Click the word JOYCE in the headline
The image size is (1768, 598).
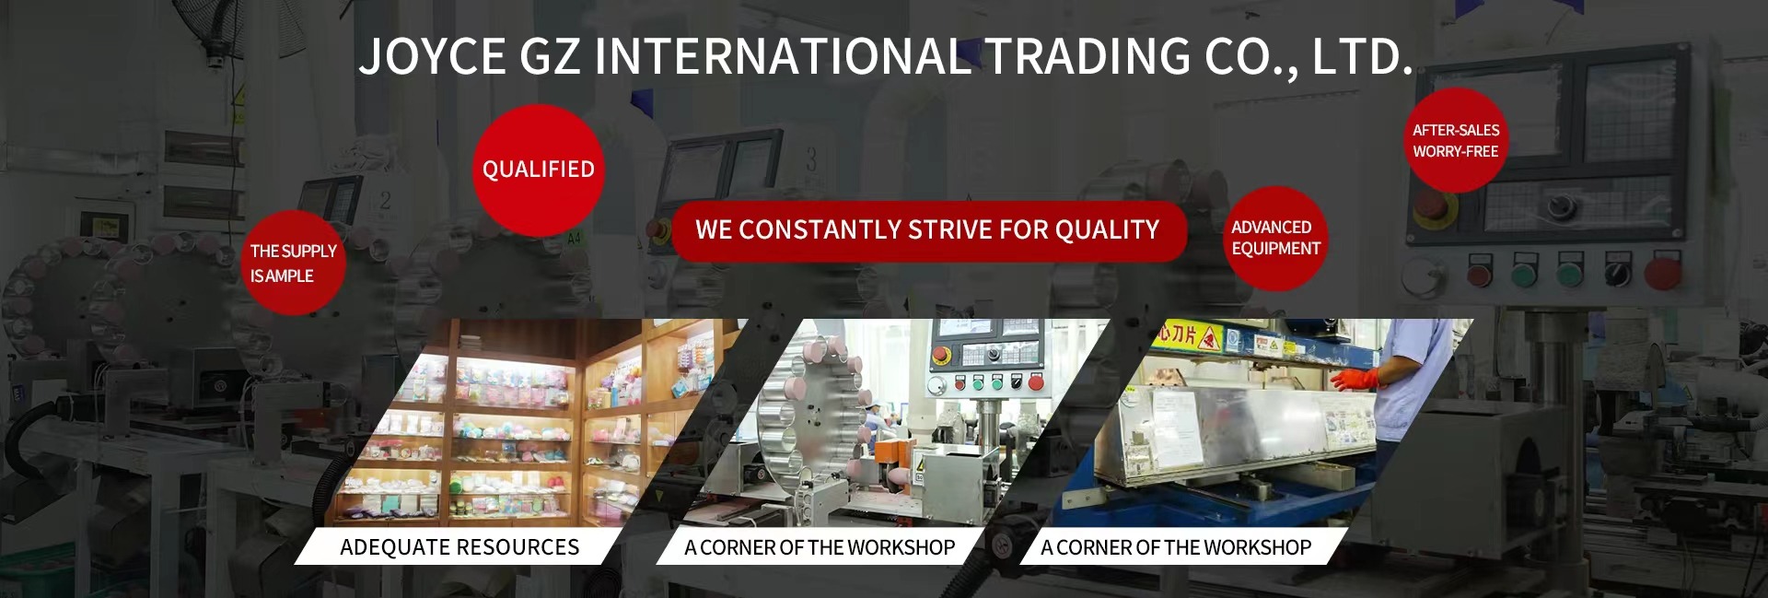[x=432, y=56]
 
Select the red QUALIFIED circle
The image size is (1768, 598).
[x=539, y=170]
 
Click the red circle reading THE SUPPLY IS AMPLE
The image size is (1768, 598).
[x=293, y=263]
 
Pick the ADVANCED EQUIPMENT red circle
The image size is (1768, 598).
[x=1275, y=239]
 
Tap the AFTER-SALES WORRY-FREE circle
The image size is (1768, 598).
[x=1456, y=140]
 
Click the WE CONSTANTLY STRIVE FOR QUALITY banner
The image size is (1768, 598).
[x=928, y=230]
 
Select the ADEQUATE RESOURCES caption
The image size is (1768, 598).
[x=459, y=546]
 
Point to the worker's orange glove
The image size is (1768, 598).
[x=1355, y=379]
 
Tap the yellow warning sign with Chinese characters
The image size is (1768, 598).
[x=1189, y=336]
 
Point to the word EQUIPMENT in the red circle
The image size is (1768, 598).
[x=1276, y=249]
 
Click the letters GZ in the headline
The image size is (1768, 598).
[x=551, y=56]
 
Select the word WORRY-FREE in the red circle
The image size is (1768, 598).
[x=1456, y=151]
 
